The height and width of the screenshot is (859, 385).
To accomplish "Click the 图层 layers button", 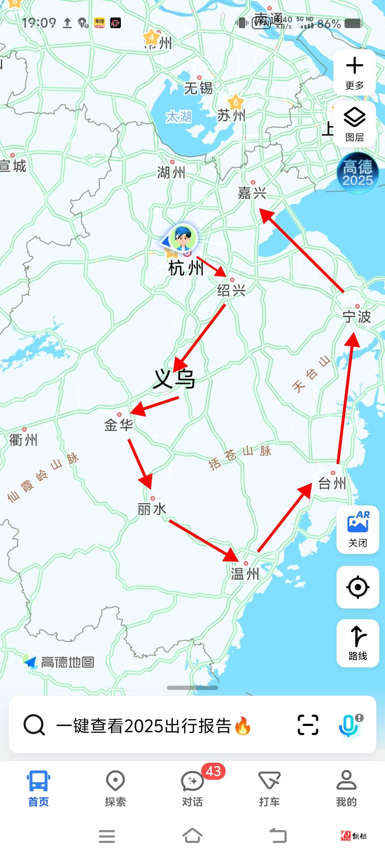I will pos(354,124).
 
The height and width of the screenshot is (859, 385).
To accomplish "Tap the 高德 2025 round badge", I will pos(358,173).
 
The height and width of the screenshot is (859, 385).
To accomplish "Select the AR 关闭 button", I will pos(358,529).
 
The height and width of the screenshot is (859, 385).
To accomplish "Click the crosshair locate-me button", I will pos(358,587).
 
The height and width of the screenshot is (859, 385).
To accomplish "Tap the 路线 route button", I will pos(358,643).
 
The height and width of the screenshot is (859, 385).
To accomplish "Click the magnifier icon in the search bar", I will pos(34,725).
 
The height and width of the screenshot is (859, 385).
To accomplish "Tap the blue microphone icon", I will pos(349,725).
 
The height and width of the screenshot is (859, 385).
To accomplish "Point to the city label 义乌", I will pos(174,379).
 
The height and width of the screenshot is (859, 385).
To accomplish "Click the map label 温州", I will pos(245,574).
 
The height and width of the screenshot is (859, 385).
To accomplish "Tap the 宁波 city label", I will pos(356,316).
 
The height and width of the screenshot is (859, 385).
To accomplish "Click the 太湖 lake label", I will pos(179,117).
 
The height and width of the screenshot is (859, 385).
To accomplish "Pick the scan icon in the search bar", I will pos(308,725).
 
